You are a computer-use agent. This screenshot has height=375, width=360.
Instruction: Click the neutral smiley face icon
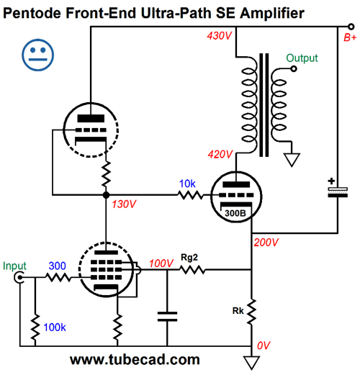click(x=37, y=55)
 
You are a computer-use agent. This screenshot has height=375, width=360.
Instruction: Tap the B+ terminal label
click(x=350, y=37)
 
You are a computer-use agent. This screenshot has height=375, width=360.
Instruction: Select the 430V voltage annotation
click(x=220, y=36)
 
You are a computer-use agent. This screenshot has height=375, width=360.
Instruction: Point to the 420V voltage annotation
click(x=220, y=154)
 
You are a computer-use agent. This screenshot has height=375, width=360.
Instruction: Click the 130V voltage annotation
click(x=124, y=204)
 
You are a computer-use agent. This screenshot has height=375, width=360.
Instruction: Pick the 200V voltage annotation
click(x=266, y=243)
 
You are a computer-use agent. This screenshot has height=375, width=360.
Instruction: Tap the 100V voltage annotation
click(x=161, y=263)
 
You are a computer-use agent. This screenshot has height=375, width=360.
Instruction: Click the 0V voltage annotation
click(x=264, y=345)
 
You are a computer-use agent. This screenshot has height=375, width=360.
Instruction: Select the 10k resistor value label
click(x=187, y=184)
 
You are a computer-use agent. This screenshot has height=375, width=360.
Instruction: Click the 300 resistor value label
click(x=57, y=266)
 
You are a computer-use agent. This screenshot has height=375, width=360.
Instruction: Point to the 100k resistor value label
click(x=55, y=327)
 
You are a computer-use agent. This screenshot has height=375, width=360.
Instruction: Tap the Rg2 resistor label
click(x=189, y=258)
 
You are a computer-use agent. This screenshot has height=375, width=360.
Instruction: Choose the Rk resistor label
click(x=238, y=311)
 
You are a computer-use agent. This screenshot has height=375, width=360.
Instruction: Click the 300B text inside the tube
click(x=235, y=213)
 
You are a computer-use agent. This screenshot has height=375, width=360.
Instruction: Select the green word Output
click(x=302, y=58)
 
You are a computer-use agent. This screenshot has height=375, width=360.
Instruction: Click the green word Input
click(x=14, y=266)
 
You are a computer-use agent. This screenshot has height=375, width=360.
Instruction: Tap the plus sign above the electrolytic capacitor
click(x=331, y=181)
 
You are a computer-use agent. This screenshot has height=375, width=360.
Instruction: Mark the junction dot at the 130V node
click(x=106, y=195)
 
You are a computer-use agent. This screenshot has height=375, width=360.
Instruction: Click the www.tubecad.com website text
click(x=135, y=360)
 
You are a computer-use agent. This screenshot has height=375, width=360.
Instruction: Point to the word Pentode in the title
click(x=32, y=13)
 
